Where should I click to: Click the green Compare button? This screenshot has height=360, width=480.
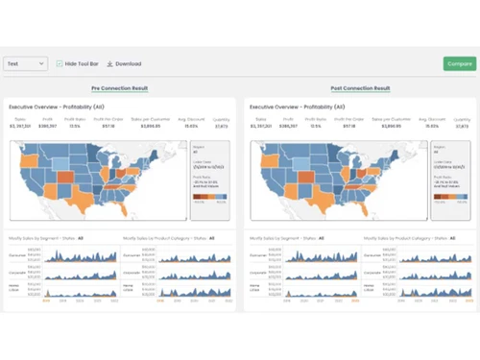[x=460, y=63]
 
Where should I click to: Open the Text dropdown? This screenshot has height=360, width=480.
[x=25, y=63]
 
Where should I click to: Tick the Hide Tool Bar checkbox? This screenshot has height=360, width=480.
[x=60, y=63]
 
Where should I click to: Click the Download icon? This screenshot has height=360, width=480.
[x=109, y=63]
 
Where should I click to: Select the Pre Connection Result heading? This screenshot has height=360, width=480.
[x=119, y=88]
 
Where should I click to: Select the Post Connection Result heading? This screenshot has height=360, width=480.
[x=360, y=88]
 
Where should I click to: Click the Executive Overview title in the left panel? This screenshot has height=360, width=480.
[x=56, y=107]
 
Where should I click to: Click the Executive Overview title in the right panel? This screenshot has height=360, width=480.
[x=296, y=107]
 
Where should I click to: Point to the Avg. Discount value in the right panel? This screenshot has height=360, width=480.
[x=432, y=126]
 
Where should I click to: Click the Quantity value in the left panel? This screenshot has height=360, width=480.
[x=222, y=126]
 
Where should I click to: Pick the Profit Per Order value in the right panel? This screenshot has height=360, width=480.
[x=348, y=126]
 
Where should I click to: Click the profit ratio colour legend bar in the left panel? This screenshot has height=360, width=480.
[x=209, y=196]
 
